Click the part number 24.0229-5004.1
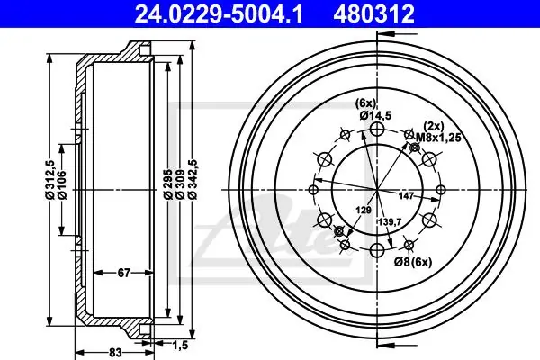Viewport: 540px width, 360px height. [219, 13]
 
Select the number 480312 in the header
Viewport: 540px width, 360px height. [373, 13]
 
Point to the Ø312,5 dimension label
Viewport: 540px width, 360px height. [50, 179]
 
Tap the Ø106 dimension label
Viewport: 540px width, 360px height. [62, 184]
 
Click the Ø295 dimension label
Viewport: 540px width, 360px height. [168, 184]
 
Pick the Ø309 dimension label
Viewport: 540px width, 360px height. [180, 184]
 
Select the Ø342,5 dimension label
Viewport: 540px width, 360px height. [193, 179]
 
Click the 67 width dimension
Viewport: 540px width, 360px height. [124, 273]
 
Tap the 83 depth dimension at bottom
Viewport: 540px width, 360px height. [116, 352]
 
